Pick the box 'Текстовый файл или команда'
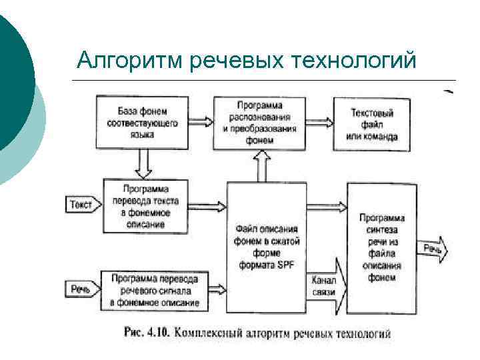click(371, 125)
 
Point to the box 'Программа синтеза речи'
click(381, 247)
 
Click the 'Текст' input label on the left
click(81, 205)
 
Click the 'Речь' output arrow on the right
click(433, 249)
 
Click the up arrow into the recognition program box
click(261, 166)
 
